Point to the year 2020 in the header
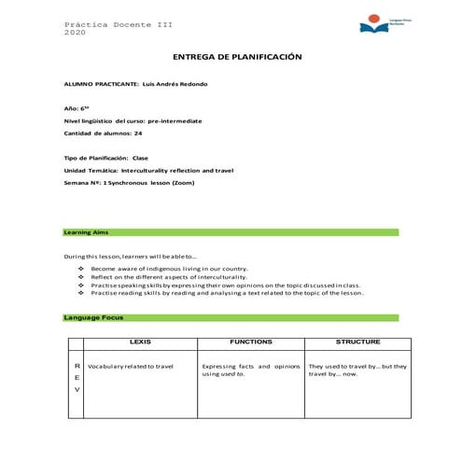[x=75, y=33]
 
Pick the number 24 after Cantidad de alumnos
[x=138, y=133]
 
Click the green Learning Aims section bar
[x=231, y=231]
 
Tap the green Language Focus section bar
[x=231, y=317]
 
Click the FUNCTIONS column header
[x=250, y=343]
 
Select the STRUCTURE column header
[x=357, y=343]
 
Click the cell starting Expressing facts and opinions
[x=249, y=371]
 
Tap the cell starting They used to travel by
[x=357, y=371]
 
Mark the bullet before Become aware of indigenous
[x=81, y=269]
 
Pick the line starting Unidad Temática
[x=147, y=171]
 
